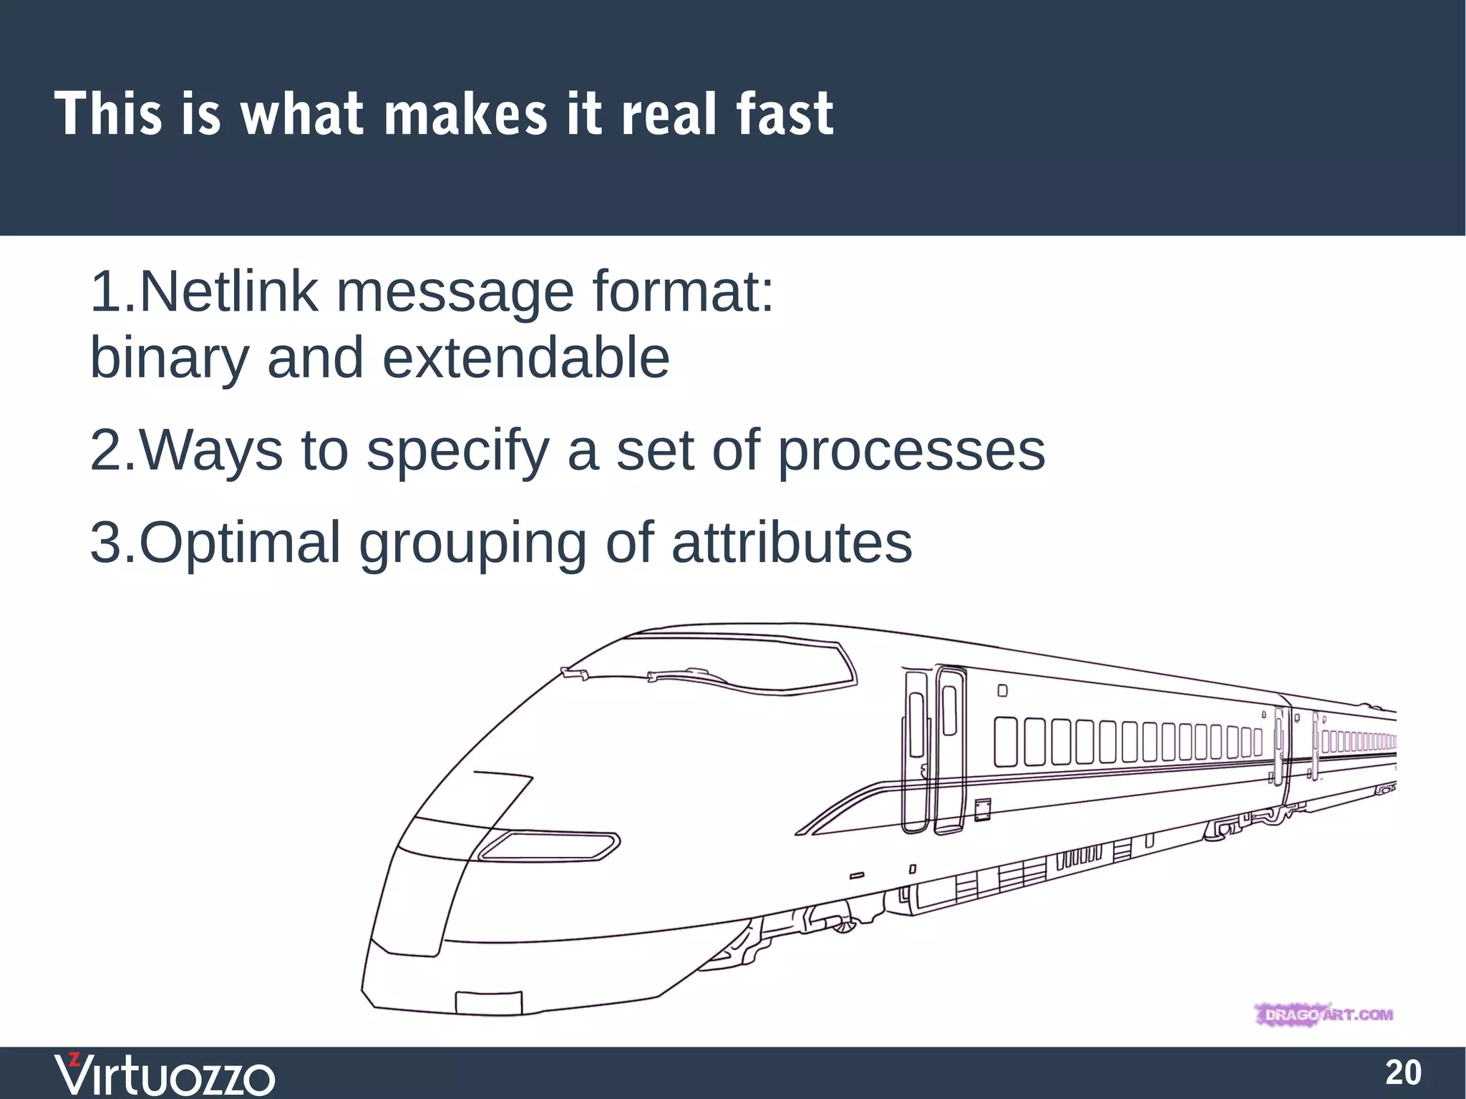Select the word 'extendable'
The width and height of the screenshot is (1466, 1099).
[526, 358]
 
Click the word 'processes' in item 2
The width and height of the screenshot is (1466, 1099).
[911, 451]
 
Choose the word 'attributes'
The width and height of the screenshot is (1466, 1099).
[792, 543]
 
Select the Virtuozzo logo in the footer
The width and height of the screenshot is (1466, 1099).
[165, 1074]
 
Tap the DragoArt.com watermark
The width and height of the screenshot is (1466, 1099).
[1324, 1015]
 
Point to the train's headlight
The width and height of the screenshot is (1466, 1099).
[548, 846]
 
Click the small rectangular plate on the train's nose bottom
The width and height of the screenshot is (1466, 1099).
[489, 1002]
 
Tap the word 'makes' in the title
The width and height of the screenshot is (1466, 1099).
[466, 115]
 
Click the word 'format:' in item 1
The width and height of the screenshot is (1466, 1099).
[683, 292]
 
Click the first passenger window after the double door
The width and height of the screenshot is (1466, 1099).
[1006, 741]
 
